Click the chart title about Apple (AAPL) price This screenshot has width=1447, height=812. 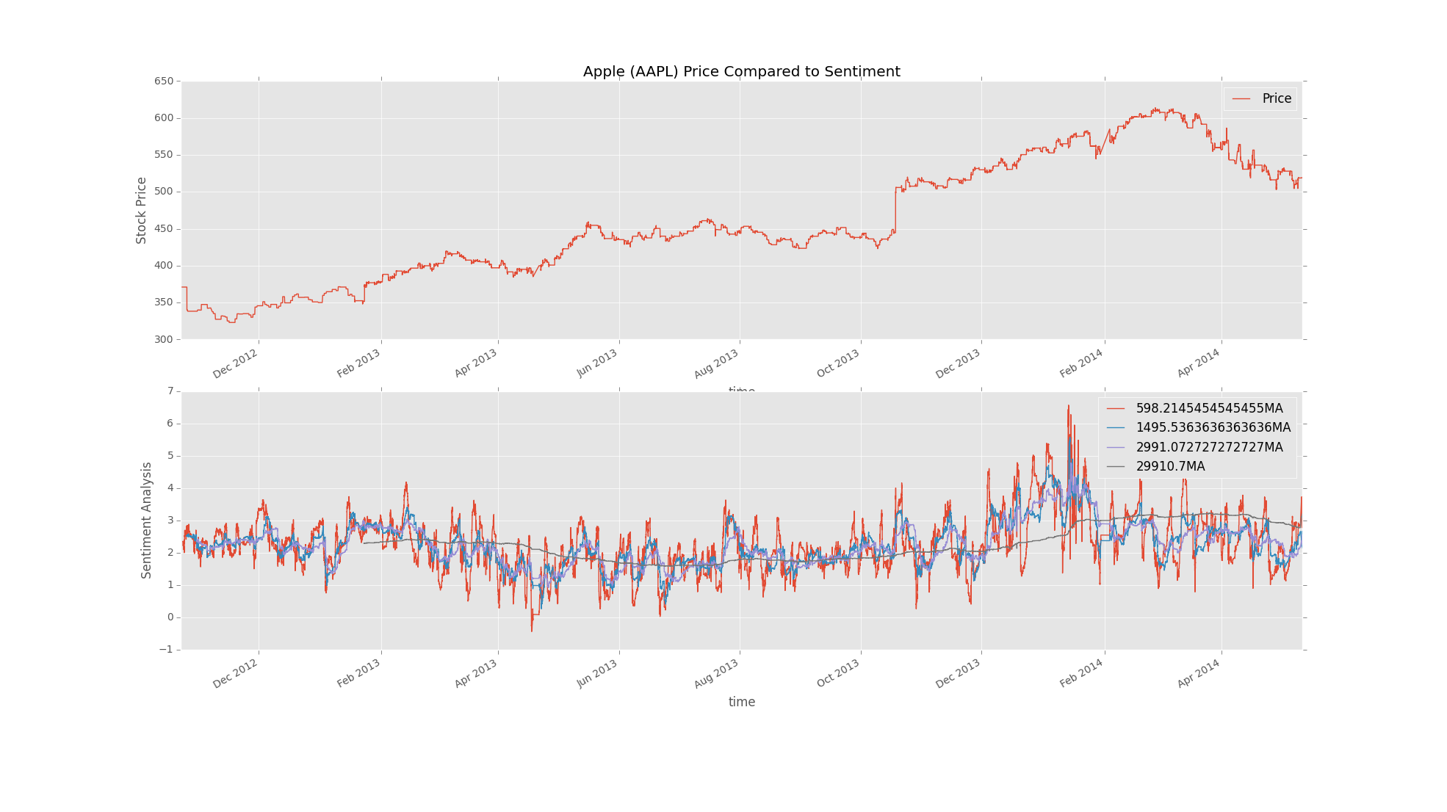coord(741,71)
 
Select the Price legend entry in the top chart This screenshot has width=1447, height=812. coord(1276,98)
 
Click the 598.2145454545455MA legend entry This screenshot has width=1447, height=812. coord(1208,408)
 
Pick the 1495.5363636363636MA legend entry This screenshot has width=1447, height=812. coord(1212,427)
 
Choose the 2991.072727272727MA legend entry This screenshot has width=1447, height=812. coord(1208,447)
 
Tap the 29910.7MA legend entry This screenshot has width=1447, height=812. coord(1169,466)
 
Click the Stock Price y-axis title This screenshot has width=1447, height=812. coord(142,210)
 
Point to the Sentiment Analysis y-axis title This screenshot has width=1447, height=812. coord(147,520)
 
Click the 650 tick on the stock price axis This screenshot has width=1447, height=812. coord(164,81)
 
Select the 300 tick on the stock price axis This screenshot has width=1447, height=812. coord(164,339)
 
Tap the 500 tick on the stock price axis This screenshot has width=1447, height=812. coord(164,192)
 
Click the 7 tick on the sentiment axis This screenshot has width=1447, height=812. coord(170,391)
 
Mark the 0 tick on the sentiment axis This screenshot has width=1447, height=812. coord(170,617)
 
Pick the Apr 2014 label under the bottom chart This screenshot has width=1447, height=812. coord(1199,673)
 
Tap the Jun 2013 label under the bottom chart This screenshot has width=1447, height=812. coord(597,673)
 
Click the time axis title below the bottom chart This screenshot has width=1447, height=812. coord(741,702)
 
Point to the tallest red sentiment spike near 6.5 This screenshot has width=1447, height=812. coord(1068,407)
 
